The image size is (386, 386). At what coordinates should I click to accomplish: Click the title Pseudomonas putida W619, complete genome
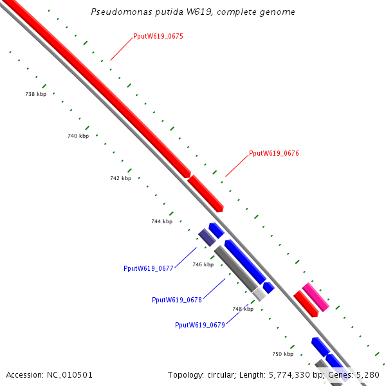pos(193,12)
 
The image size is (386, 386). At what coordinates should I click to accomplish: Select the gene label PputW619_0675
pos(158,37)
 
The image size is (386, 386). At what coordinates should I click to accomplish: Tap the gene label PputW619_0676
pos(273,154)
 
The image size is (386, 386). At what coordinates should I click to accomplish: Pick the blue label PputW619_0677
pos(148,268)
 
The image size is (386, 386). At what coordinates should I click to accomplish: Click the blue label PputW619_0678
pos(177,300)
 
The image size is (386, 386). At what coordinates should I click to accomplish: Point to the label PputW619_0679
pos(199,325)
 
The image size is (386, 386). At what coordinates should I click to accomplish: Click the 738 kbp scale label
pos(35,94)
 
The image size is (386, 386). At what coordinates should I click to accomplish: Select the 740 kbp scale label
pos(78,136)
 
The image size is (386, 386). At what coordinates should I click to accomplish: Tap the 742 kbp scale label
pos(120,178)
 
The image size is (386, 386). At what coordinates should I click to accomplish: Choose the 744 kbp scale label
pos(161,221)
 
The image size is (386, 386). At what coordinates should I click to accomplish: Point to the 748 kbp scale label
pos(243,309)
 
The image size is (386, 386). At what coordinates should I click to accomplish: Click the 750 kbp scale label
pos(282,354)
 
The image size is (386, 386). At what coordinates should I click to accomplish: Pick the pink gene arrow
pos(315,297)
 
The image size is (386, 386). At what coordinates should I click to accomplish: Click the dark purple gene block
pos(207,237)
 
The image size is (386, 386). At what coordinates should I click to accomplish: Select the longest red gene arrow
pos(96,84)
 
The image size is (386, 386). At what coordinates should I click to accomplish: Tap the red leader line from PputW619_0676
pos(236,166)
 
